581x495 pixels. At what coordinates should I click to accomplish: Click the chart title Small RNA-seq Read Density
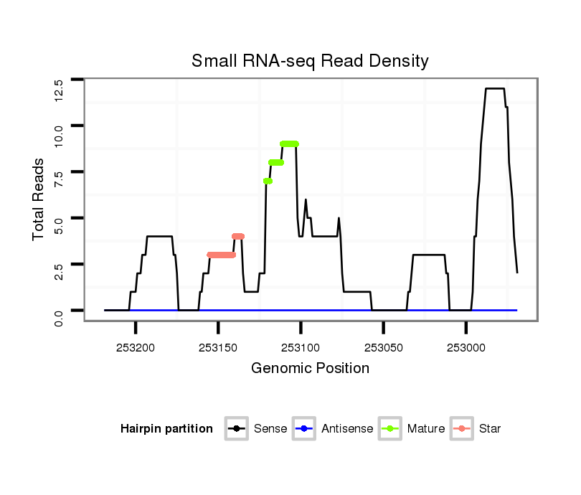click(x=310, y=61)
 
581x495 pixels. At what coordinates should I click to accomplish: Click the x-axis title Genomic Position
click(x=310, y=369)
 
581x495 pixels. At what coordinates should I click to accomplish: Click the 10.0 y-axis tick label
click(x=60, y=135)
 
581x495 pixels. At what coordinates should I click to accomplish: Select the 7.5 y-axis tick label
click(x=60, y=181)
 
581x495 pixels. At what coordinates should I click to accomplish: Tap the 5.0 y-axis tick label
click(x=60, y=227)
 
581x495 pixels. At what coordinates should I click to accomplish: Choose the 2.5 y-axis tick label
click(x=60, y=273)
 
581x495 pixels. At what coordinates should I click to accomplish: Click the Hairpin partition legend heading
click(x=166, y=429)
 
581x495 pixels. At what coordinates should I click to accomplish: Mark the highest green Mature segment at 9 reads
click(x=289, y=144)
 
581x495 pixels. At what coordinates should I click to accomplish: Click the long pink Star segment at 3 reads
click(x=221, y=255)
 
